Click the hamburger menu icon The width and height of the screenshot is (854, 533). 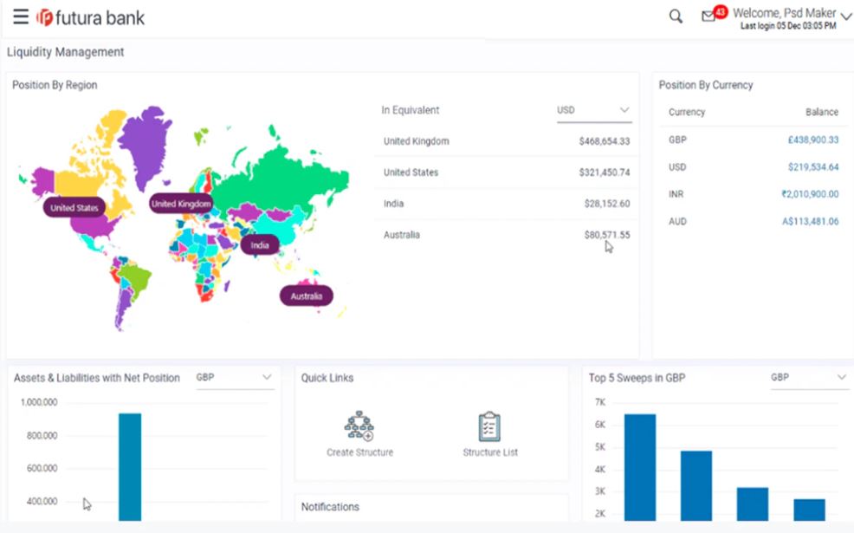point(20,17)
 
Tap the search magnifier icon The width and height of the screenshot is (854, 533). point(676,16)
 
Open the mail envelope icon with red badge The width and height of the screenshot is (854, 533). point(709,16)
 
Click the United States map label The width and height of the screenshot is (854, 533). point(74,208)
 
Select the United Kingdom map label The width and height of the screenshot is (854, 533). point(181,204)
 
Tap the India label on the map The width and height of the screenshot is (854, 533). point(260,245)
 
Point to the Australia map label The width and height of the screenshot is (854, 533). point(307,296)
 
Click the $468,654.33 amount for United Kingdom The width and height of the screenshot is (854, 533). point(604,141)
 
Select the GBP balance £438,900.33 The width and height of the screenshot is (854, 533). point(812,140)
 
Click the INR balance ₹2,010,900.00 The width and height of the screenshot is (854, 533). point(809,194)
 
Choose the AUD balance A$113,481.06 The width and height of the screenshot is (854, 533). point(810,222)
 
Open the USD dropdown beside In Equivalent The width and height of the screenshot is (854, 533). point(593,111)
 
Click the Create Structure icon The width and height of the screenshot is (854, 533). point(359,426)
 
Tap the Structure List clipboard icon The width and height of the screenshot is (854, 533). point(490,426)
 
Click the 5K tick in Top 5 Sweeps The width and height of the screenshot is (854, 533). point(599,447)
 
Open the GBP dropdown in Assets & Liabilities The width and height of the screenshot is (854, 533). point(235,378)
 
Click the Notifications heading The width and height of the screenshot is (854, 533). point(329,507)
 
